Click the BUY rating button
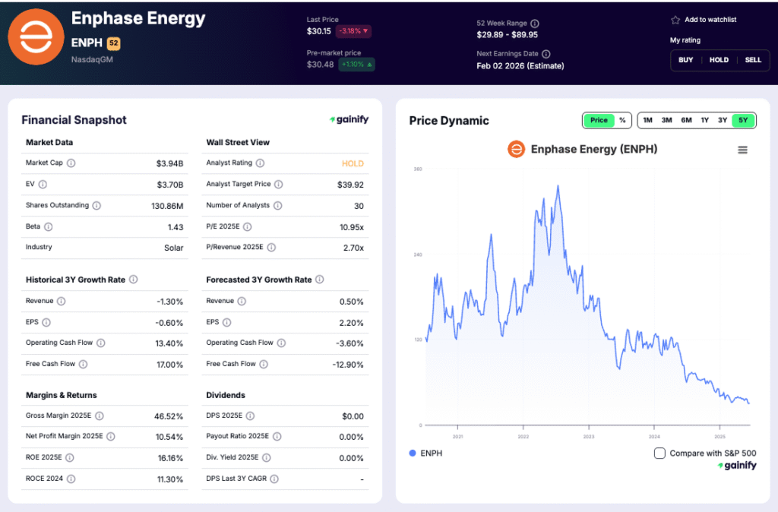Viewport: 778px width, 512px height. coord(685,60)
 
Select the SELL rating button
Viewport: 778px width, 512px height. coord(752,60)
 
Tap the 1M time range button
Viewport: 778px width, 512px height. coord(647,120)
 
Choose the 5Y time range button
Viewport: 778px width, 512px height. coord(743,120)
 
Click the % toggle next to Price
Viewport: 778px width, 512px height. coord(622,120)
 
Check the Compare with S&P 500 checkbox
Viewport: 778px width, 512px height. coord(659,454)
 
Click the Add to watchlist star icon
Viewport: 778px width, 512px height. coord(675,20)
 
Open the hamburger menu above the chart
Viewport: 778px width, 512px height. coord(742,150)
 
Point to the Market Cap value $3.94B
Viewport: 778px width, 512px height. coord(169,163)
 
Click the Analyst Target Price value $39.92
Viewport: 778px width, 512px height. coord(350,185)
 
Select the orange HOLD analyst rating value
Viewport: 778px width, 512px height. coord(353,163)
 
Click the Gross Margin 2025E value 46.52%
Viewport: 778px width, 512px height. coord(168,416)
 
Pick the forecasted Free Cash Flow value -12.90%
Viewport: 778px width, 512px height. coord(347,365)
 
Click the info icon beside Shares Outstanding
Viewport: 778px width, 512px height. coord(96,206)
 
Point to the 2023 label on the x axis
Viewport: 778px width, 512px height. coord(588,437)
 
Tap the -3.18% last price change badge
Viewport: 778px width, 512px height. coord(353,32)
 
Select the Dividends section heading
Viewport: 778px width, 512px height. coord(226,395)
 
